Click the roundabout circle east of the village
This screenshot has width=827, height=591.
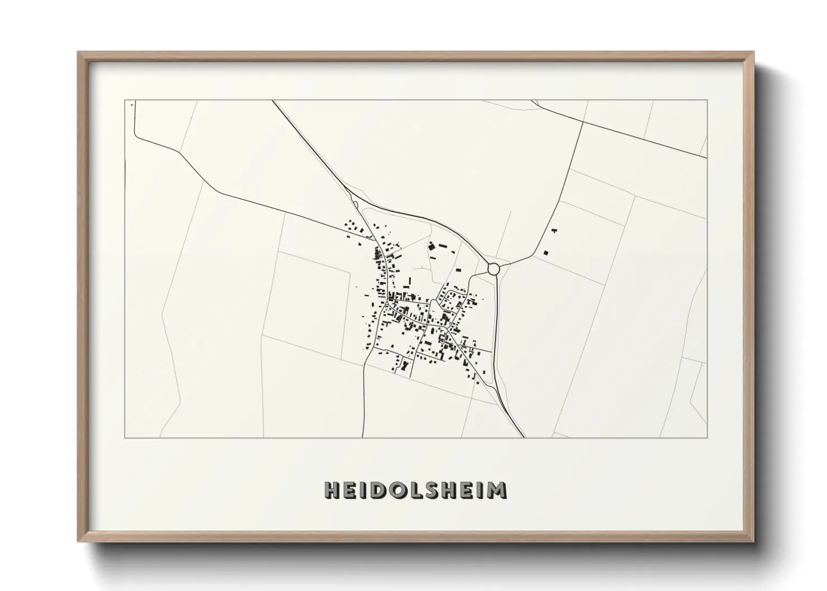click(493, 269)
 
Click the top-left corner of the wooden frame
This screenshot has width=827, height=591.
click(78, 52)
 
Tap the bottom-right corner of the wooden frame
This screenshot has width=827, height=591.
click(754, 542)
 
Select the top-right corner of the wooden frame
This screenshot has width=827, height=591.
click(754, 52)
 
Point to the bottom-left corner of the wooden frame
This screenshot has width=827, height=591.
click(78, 542)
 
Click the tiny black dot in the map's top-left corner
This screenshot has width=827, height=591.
click(131, 104)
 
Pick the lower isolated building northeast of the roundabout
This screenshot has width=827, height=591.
click(546, 252)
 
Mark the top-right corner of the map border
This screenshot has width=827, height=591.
click(707, 100)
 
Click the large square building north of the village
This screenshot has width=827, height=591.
click(431, 245)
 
